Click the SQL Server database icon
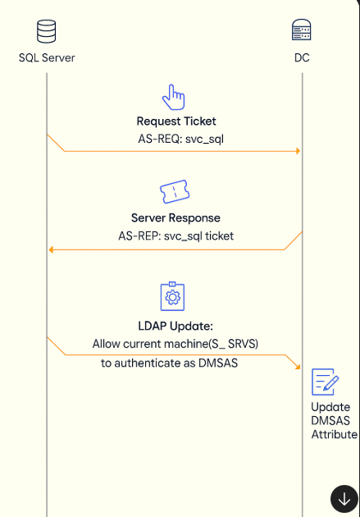[47, 31]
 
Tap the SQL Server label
[47, 58]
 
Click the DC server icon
[302, 30]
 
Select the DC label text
[302, 58]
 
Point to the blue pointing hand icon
[174, 97]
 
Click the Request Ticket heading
[176, 121]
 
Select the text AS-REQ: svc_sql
[181, 139]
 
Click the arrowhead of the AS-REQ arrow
[298, 151]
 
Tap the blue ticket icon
[175, 191]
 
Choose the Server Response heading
[175, 218]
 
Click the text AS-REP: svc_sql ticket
[175, 236]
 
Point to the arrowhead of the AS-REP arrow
[51, 249]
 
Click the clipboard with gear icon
[172, 296]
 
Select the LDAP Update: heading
[175, 326]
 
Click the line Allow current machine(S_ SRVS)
[175, 344]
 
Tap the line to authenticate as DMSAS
[169, 363]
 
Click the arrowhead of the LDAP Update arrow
[298, 367]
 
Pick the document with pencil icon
[325, 382]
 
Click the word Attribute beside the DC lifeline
[335, 435]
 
